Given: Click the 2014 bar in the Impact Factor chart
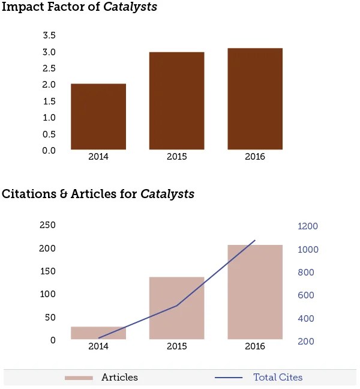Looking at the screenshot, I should (98, 116).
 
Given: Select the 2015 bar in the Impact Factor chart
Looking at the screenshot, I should (177, 101).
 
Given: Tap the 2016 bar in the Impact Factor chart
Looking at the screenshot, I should (255, 98).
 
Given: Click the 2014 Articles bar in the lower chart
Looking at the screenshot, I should (98, 333).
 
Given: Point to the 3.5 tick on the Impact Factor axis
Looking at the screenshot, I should (49, 36).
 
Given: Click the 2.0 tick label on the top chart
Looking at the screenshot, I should (49, 85).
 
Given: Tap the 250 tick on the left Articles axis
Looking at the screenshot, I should (47, 225).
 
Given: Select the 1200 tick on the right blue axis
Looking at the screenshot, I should (308, 226).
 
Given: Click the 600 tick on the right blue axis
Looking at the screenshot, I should (306, 295).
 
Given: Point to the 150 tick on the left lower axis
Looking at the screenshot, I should (47, 271).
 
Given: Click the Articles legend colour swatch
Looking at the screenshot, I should (79, 378).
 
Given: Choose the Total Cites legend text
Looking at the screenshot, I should (278, 378).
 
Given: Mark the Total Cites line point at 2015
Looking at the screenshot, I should (177, 305).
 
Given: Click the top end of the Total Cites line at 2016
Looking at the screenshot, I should (255, 241).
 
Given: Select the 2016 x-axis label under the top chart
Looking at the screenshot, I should (255, 157).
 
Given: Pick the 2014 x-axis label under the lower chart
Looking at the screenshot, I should (98, 346).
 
